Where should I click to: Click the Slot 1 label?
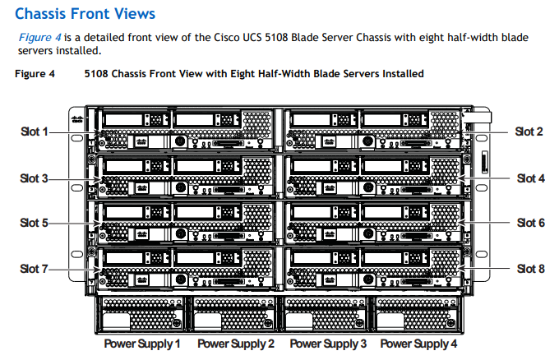coord(34,132)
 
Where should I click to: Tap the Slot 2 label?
coord(529,132)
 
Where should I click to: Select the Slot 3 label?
coord(34,178)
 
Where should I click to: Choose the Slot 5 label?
coord(34,223)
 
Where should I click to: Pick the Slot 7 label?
coord(34,269)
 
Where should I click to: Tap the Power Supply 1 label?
coord(142,344)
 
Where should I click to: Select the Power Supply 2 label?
coord(235,344)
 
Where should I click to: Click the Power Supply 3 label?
coord(328,344)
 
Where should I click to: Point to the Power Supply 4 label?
coord(418,344)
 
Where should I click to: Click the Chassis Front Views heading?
coord(85,14)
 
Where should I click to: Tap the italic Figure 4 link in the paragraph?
coord(36,38)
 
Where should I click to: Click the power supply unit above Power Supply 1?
coord(141,315)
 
